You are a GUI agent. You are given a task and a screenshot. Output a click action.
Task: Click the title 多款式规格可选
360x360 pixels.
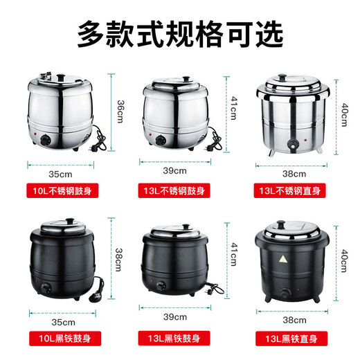(x=179, y=33)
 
